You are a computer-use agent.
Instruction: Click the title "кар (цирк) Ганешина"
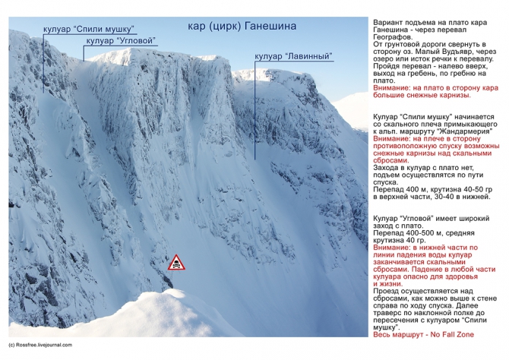tap(242, 28)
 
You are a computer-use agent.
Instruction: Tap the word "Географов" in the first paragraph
tap(395, 36)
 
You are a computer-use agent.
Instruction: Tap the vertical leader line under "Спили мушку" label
tap(43, 61)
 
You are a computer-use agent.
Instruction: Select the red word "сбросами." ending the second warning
tap(394, 161)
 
